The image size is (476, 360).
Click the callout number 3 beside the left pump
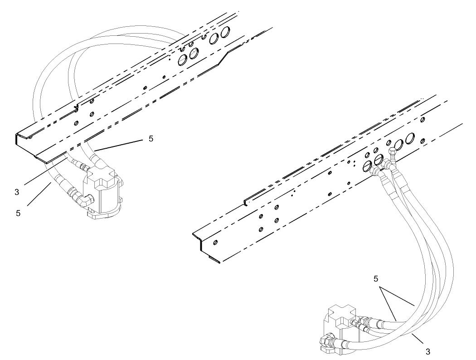pyautogui.click(x=17, y=192)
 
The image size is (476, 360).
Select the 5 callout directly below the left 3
pyautogui.click(x=18, y=213)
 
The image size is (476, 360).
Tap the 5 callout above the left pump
pyautogui.click(x=151, y=139)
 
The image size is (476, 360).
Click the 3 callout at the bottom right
pyautogui.click(x=427, y=351)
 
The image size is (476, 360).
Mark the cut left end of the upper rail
pyautogui.click(x=18, y=141)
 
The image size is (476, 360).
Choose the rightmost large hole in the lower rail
pyautogui.click(x=410, y=138)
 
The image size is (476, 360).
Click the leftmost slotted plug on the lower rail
pyautogui.click(x=367, y=166)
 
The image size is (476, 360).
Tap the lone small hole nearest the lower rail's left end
pyautogui.click(x=215, y=242)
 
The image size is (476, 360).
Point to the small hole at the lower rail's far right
pyautogui.click(x=423, y=120)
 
